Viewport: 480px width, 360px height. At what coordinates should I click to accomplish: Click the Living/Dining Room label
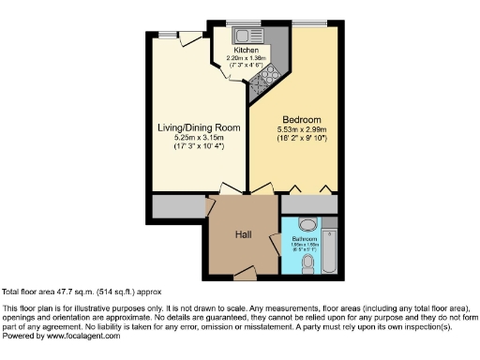(199, 127)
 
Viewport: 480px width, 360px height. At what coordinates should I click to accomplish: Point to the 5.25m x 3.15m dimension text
(198, 138)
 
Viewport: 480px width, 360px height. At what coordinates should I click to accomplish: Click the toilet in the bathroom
(308, 265)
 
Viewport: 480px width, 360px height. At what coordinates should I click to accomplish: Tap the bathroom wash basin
(306, 224)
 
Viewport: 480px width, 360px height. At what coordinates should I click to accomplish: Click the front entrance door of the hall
(246, 273)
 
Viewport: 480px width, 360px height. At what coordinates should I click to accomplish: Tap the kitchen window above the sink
(253, 24)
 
